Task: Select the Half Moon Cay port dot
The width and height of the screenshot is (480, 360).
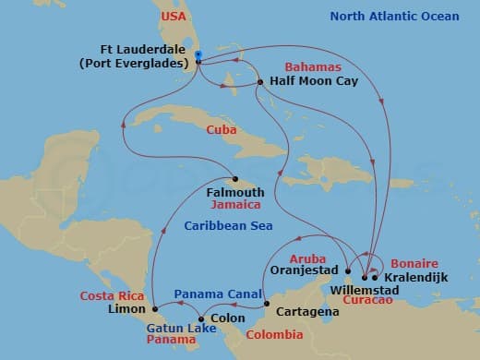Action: click(x=261, y=83)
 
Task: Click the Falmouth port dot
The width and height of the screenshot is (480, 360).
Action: click(x=235, y=179)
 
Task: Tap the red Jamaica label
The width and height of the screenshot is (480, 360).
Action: click(x=235, y=204)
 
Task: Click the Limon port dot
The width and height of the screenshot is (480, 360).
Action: click(x=154, y=308)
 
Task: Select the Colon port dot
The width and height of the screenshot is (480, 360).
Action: click(x=202, y=319)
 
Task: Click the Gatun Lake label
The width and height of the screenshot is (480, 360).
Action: click(x=175, y=328)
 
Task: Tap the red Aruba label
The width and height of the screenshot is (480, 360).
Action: click(x=308, y=258)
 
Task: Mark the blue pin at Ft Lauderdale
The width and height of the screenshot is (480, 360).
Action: click(x=198, y=55)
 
